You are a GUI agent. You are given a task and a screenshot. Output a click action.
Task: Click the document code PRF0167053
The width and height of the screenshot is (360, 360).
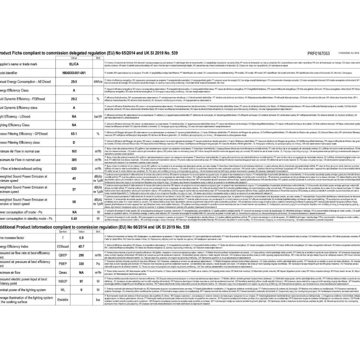(x=318, y=53)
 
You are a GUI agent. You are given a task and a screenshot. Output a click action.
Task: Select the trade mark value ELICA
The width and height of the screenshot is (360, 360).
(x=74, y=64)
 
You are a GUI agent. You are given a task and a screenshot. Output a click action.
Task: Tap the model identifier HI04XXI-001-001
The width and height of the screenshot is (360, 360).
(x=74, y=73)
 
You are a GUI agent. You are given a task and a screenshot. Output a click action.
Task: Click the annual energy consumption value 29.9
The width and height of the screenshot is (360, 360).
(x=74, y=82)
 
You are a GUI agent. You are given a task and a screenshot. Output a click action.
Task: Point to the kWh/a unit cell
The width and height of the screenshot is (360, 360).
(x=98, y=82)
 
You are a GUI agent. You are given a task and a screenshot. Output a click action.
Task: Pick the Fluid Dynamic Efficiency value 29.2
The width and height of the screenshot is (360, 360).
(x=74, y=99)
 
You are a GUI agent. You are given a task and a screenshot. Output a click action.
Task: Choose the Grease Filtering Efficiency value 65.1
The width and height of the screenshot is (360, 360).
(x=74, y=134)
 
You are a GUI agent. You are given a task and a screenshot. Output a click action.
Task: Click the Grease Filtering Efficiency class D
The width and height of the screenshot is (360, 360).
(x=74, y=142)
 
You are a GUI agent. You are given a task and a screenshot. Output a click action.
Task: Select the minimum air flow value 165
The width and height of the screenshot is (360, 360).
(x=74, y=151)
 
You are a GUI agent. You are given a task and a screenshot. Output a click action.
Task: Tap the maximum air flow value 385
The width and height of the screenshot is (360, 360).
(x=74, y=160)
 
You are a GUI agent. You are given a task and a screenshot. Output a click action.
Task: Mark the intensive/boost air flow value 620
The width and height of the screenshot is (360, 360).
(x=74, y=169)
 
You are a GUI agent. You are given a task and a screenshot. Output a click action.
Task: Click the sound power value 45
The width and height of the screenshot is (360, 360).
(x=74, y=178)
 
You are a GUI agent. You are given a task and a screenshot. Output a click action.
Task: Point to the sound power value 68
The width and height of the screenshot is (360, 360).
(x=74, y=202)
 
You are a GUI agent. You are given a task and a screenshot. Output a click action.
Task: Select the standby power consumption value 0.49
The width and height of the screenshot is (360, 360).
(x=74, y=218)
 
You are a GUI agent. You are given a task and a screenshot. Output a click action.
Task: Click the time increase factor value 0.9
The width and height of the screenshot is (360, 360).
(x=81, y=238)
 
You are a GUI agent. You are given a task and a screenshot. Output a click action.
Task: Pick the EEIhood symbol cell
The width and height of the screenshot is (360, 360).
(x=63, y=246)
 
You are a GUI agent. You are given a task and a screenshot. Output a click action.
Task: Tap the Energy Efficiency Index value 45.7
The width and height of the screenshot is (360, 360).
(x=81, y=246)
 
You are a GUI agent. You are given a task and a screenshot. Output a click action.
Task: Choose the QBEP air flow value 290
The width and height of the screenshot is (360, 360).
(x=81, y=255)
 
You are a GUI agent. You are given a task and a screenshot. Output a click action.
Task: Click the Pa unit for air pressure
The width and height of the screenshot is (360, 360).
(x=98, y=264)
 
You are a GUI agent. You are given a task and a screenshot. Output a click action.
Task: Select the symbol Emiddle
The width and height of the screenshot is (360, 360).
(x=63, y=300)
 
